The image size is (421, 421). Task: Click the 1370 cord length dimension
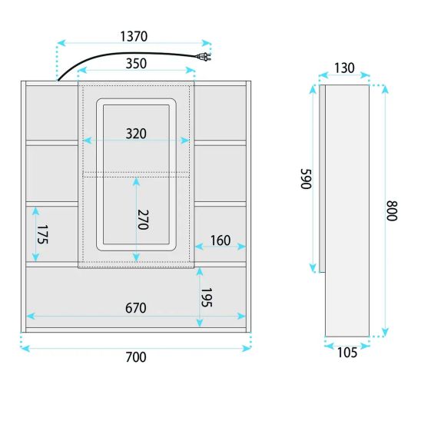[x=134, y=37]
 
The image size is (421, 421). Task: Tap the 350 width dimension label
[x=136, y=64]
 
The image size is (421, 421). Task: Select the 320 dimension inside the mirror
[x=136, y=134]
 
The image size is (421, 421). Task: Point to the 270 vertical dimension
[x=143, y=220]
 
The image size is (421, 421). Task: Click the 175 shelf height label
[x=42, y=234]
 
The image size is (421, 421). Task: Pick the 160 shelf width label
[x=220, y=240]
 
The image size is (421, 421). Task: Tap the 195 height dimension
[x=207, y=297]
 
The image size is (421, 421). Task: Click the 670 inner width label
[x=136, y=308]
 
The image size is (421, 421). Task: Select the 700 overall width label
[x=136, y=357]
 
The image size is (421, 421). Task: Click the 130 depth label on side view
[x=344, y=68]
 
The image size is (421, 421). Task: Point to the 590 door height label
[x=306, y=179]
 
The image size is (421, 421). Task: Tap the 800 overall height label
[x=392, y=210]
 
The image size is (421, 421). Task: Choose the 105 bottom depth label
[x=347, y=353]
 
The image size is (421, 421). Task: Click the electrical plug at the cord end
[x=204, y=57]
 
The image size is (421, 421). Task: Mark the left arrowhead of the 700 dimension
[x=25, y=349]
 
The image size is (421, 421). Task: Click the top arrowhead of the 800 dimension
[x=385, y=90]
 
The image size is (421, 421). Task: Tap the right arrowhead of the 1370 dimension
[x=207, y=43]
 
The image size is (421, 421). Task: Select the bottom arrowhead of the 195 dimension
[x=200, y=323]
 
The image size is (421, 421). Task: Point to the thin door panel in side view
[x=322, y=179]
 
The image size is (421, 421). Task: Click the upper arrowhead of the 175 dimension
[x=35, y=211]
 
